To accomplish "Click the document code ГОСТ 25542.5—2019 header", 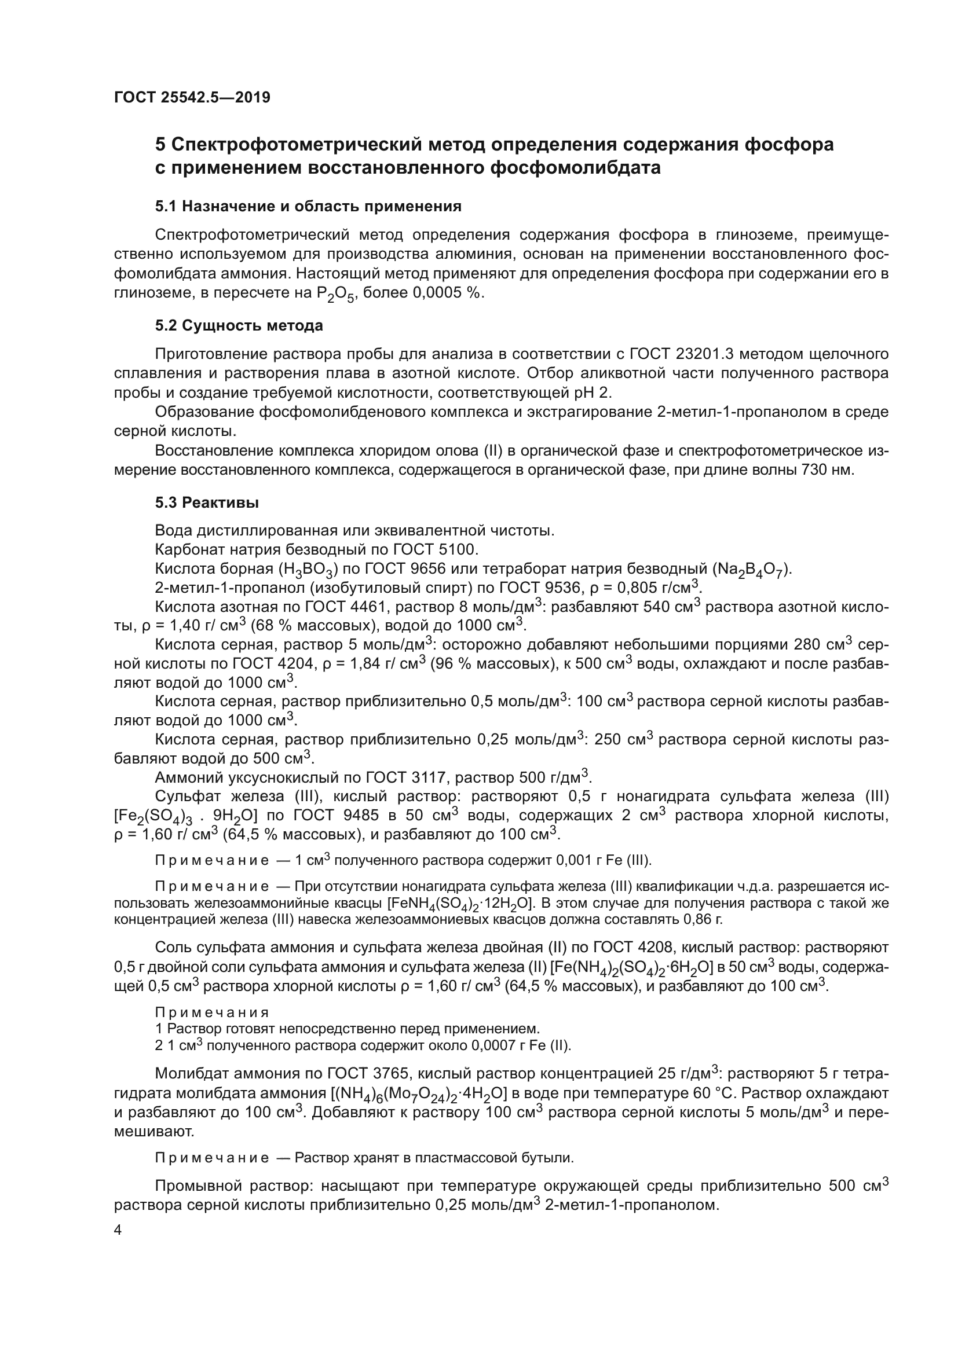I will (192, 97).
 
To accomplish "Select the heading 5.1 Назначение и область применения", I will (308, 207).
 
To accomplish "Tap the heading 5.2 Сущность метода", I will (239, 325).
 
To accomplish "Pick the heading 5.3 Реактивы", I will (207, 502).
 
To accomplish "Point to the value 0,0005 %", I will (447, 293).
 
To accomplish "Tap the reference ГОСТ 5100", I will (434, 549).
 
